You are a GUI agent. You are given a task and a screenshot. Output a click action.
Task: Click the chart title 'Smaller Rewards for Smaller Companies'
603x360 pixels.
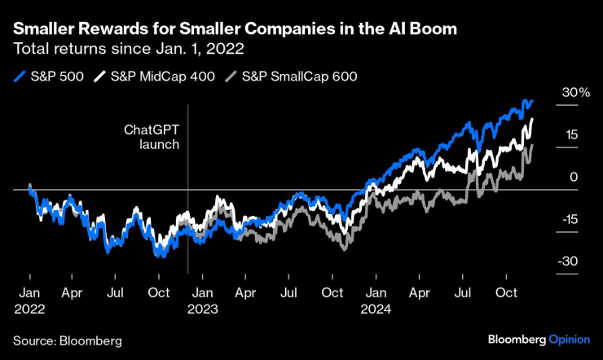[x=234, y=29]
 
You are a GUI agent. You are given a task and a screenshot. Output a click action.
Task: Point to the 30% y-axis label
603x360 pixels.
[x=574, y=93]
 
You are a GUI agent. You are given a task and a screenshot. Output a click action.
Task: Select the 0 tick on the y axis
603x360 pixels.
[x=574, y=177]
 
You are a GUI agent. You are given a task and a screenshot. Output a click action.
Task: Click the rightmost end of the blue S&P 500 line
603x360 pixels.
[x=532, y=101]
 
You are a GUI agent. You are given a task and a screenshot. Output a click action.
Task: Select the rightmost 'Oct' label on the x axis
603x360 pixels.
[x=507, y=292]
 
